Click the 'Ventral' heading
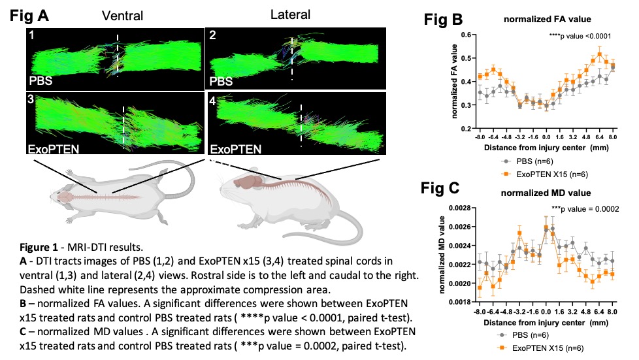[118, 15]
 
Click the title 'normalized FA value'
[547, 20]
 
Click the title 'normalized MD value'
[548, 193]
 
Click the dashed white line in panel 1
[118, 56]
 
